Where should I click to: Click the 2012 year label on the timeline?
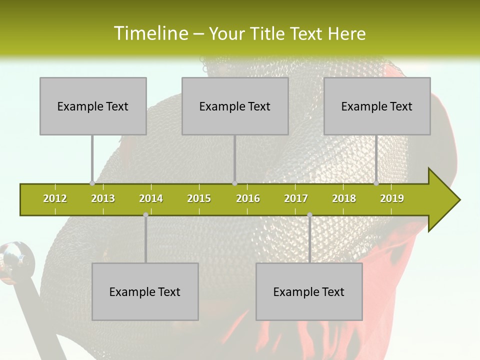(x=55, y=198)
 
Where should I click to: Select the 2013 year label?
(x=103, y=198)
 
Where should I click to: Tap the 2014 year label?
(x=151, y=198)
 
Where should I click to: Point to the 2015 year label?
(x=199, y=198)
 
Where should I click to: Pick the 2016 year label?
(x=248, y=198)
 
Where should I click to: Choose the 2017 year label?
(x=296, y=198)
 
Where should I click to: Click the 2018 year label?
(x=344, y=198)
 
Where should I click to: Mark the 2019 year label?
(x=392, y=198)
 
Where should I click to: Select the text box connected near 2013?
(x=93, y=106)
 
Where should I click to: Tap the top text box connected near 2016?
(x=235, y=106)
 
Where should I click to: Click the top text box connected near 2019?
(x=377, y=106)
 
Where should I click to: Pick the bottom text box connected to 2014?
(x=145, y=291)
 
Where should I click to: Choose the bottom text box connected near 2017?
(x=309, y=291)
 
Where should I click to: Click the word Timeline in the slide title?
(x=150, y=33)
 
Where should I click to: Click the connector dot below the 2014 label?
(x=145, y=214)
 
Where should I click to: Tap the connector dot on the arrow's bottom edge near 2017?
(x=309, y=214)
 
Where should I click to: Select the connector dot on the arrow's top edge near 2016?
(x=234, y=183)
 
